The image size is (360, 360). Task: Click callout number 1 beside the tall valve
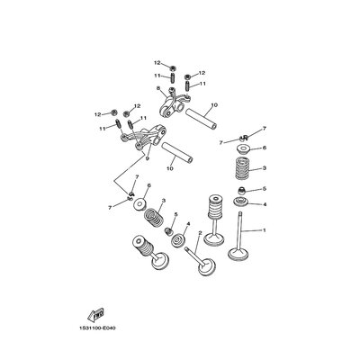tap(265, 230)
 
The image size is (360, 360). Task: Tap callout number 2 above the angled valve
tap(200, 233)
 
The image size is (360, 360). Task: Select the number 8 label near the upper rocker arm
tap(157, 88)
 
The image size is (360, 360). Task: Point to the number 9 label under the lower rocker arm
tap(147, 158)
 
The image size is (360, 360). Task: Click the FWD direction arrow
tap(95, 314)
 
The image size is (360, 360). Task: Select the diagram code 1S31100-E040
tap(97, 328)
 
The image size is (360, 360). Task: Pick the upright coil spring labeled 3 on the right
tap(243, 168)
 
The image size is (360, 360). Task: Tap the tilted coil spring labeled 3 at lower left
tap(154, 217)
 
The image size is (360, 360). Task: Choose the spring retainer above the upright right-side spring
tap(243, 149)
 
